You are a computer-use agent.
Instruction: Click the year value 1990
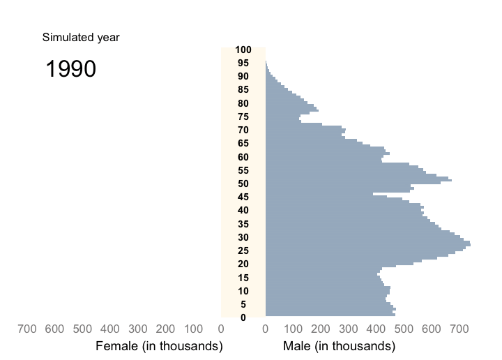click(x=70, y=69)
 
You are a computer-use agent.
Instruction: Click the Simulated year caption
click(x=80, y=38)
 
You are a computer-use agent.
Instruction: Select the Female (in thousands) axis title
click(x=159, y=346)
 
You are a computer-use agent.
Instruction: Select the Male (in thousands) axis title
click(x=340, y=346)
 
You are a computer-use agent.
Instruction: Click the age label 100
click(x=243, y=50)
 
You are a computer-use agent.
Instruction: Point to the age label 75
click(x=243, y=117)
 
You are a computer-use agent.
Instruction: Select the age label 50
click(x=243, y=183)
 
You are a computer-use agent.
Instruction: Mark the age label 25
click(x=243, y=250)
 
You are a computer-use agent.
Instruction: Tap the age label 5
click(x=243, y=304)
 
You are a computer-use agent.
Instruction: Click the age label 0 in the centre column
click(x=243, y=317)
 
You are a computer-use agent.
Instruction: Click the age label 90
click(x=243, y=76)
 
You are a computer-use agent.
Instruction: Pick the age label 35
click(x=243, y=224)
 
